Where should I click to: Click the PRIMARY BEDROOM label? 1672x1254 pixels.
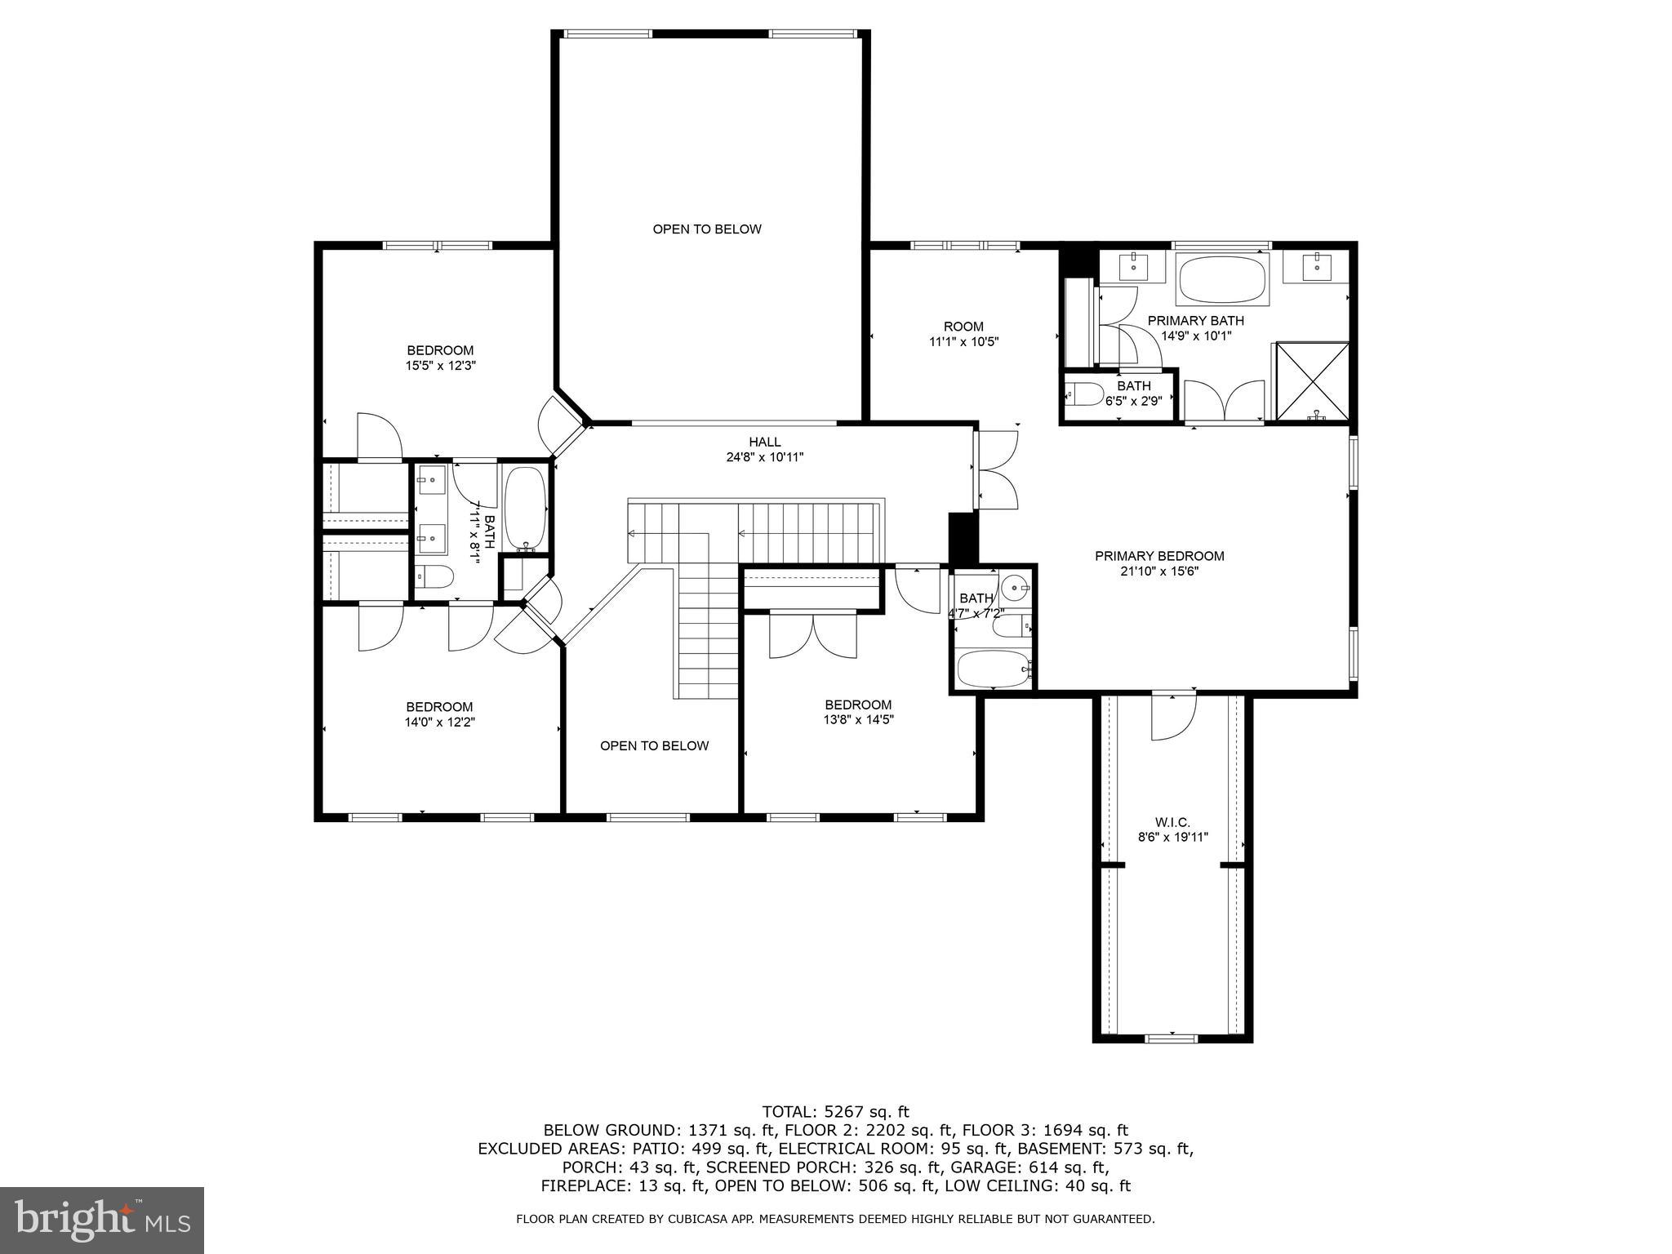1159,556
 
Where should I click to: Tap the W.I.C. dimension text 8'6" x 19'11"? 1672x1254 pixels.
1172,837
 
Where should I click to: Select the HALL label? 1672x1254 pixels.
765,442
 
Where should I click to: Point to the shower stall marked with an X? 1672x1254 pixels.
1313,381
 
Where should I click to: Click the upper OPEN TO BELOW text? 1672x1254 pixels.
707,229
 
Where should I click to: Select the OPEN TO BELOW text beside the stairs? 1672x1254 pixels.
654,745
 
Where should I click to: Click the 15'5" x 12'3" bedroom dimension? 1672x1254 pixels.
441,366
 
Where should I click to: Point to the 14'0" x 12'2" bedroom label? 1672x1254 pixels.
440,714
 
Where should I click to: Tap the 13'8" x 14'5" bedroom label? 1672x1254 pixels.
858,712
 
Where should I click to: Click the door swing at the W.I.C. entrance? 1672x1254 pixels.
1173,717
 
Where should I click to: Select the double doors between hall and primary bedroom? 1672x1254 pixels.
998,470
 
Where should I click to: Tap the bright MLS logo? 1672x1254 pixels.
102,1220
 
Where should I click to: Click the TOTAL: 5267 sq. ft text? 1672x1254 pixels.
835,1111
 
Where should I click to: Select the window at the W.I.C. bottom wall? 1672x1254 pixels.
1172,1038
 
